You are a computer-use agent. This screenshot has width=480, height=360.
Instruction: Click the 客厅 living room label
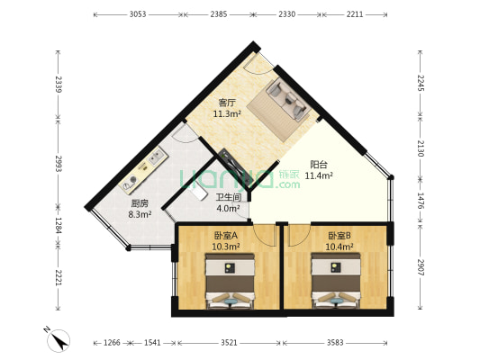[x=228, y=102]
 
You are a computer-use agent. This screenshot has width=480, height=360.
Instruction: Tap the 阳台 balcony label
[x=318, y=164]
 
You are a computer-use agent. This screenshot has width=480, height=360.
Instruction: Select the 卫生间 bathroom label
[x=228, y=197]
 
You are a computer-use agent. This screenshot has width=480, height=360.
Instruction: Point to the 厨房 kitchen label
[x=140, y=203]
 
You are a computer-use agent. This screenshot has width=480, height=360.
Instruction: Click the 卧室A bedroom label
[x=224, y=235]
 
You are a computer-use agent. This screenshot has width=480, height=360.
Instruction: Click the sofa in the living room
[x=285, y=100]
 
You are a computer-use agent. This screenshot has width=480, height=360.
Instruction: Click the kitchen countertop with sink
[x=146, y=168]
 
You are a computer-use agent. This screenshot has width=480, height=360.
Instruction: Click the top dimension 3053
[x=138, y=15]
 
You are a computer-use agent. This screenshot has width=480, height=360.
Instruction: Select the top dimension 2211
[x=355, y=15]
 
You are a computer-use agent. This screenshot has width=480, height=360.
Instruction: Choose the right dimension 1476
[x=421, y=197]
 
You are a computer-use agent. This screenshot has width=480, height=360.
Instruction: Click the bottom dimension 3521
[x=229, y=342]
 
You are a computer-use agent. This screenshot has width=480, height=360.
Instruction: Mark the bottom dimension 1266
[x=112, y=342]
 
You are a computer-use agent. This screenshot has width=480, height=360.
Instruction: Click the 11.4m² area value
[x=319, y=175]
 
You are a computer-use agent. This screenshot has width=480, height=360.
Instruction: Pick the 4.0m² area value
[x=228, y=209]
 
